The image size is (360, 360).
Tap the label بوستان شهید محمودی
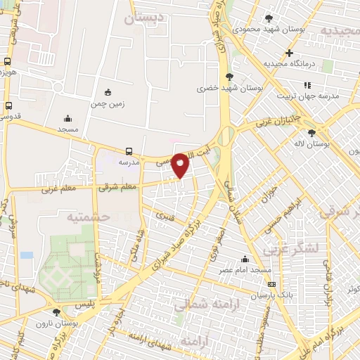(269, 30)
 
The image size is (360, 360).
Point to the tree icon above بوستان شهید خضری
(229, 77)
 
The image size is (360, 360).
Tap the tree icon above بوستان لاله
(311, 132)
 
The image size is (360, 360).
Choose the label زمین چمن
(108, 103)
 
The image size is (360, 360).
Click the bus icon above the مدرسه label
(129, 151)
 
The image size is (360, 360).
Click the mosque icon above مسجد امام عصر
(245, 259)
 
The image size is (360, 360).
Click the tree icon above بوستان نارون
(56, 311)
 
